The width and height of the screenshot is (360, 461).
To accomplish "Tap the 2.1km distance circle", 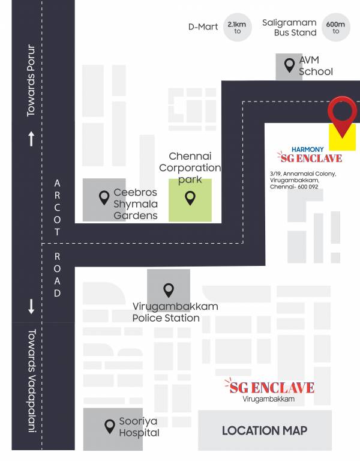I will [237, 27].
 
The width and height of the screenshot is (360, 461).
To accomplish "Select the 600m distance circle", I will [335, 27].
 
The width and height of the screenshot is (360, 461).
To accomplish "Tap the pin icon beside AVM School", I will [289, 63].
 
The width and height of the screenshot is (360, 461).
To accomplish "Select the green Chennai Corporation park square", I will [190, 200].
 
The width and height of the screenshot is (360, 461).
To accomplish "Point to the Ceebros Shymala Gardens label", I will [136, 204].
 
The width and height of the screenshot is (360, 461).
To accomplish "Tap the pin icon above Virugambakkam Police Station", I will [169, 290].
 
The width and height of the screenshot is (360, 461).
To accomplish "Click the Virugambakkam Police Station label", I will [175, 312].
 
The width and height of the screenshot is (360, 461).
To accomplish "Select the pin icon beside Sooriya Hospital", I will [110, 426].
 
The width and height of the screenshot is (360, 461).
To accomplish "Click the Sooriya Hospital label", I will [139, 427].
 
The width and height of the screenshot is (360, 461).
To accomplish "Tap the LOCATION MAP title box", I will [265, 430].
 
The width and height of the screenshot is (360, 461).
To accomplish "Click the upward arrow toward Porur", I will [31, 139].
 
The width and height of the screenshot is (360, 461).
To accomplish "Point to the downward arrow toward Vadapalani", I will [31, 307].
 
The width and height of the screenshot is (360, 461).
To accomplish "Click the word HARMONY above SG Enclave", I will [307, 149].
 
